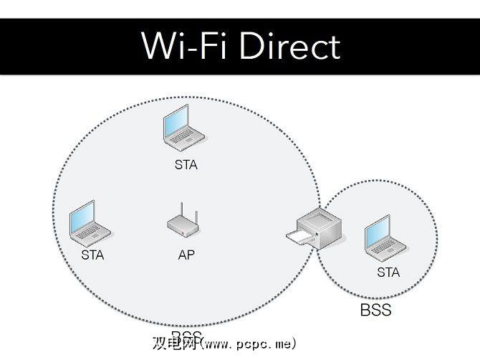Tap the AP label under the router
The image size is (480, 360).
pos(186,255)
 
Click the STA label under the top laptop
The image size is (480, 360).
pos(186,165)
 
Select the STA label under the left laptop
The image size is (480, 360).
pos(92,255)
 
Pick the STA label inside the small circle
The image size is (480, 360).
pos(388,273)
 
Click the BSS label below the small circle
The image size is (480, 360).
pos(375,311)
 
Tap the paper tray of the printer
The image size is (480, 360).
pos(296,237)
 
